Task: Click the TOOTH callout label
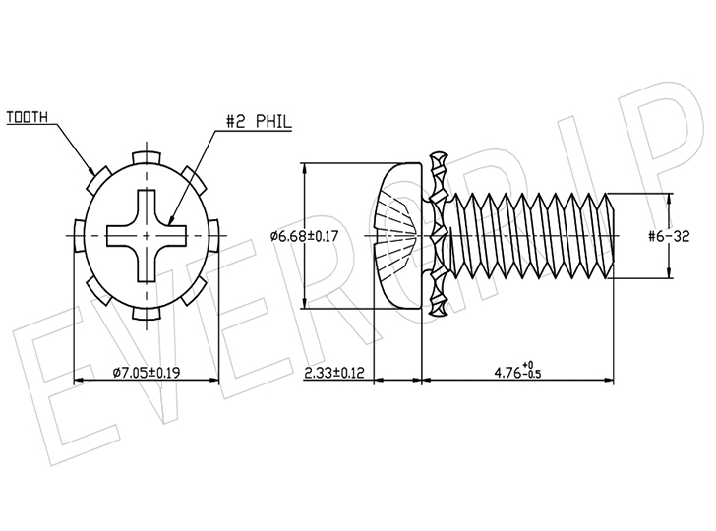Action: (27, 117)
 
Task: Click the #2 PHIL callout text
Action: (259, 122)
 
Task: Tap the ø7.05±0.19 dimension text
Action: (147, 373)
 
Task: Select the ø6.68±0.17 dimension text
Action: (304, 236)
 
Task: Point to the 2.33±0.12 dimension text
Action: (334, 373)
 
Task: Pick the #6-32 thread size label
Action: (669, 236)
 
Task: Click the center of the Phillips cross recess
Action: (147, 236)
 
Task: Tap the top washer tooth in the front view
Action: (147, 157)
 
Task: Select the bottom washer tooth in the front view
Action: (147, 314)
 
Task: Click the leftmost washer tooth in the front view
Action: (80, 236)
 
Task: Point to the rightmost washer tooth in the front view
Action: (213, 236)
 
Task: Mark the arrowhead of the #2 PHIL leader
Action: (171, 220)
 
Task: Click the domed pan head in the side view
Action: (397, 236)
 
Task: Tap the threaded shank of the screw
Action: (531, 236)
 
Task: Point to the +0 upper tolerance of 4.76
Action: (529, 365)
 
